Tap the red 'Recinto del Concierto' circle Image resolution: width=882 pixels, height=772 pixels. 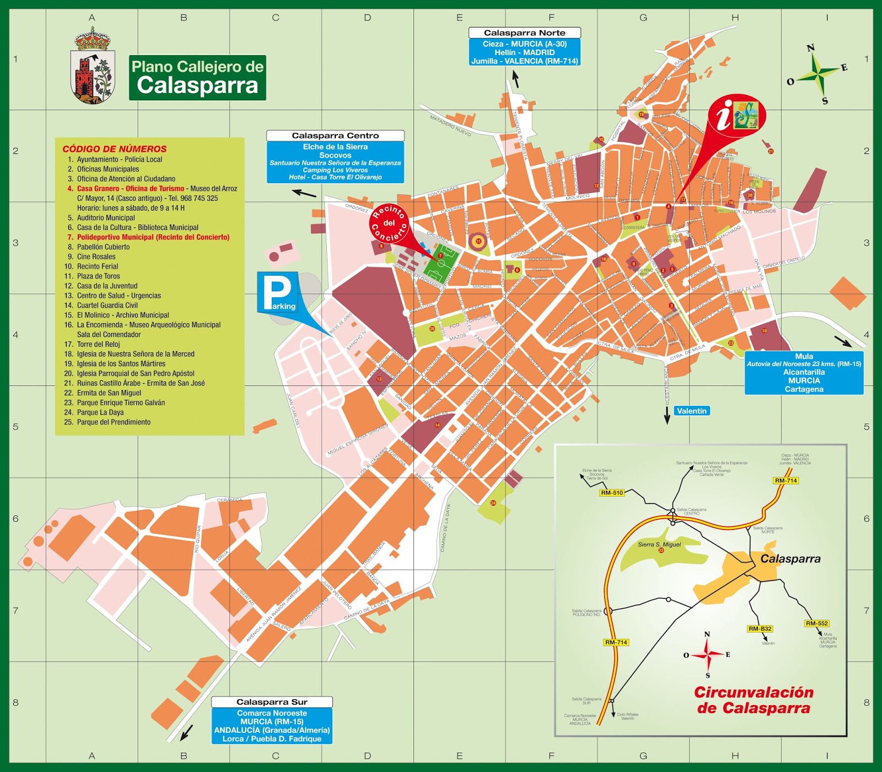[389, 223]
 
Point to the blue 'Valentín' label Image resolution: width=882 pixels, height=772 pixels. [691, 411]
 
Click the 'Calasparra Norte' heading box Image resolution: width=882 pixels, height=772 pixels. [524, 33]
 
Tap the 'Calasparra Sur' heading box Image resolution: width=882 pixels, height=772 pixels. [272, 702]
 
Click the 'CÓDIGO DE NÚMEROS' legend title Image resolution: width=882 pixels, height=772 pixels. [114, 149]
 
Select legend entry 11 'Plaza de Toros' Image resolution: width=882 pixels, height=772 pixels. [98, 276]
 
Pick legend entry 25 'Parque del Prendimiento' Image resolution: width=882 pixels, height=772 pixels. [114, 422]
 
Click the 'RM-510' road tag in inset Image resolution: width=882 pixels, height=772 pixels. [612, 493]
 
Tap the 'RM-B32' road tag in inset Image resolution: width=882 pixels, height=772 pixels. [760, 629]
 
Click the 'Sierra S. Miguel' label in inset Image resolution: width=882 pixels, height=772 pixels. [659, 544]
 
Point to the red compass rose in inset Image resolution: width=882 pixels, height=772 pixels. [707, 655]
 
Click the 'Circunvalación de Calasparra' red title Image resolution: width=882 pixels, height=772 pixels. [754, 700]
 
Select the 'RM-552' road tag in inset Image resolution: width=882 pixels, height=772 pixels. [816, 623]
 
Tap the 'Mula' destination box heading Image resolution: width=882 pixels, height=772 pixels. [804, 357]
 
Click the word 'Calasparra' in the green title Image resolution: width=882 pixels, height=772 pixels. [197, 85]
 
